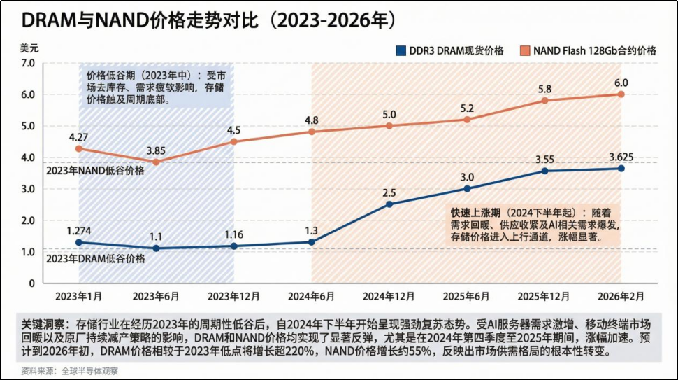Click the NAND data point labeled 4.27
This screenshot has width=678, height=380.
(79, 148)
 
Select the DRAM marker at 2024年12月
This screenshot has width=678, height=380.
(389, 204)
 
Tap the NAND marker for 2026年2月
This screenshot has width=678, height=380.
(621, 94)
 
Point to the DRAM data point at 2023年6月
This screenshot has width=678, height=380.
(156, 248)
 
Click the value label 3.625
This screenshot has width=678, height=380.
(621, 157)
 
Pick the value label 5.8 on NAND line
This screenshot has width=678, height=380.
(544, 89)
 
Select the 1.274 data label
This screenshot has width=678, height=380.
(80, 230)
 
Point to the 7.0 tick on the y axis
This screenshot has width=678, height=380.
(29, 63)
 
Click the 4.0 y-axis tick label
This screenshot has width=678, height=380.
(29, 157)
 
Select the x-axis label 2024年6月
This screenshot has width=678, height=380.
(311, 296)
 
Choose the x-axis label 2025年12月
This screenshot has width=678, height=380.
(544, 296)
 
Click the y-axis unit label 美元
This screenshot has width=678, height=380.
(29, 48)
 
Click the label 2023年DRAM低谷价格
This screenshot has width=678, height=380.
(95, 258)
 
